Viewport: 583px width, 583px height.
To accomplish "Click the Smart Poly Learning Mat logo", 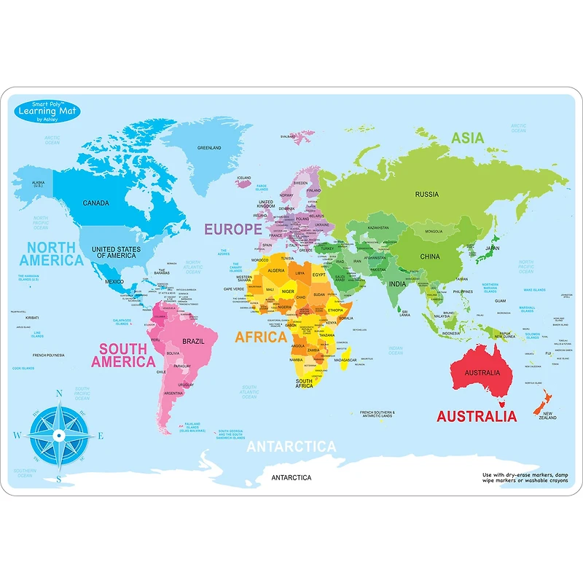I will pos(47,111).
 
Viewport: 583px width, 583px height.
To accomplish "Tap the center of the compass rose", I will pos(58,436).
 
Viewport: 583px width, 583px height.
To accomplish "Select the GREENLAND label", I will pos(209,148).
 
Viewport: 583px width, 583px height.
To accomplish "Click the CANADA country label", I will pos(96,203).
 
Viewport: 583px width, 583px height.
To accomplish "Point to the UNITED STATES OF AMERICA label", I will pos(116,252).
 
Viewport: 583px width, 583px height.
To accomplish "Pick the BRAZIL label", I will pos(192,341).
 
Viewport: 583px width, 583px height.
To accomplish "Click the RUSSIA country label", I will pos(426,194).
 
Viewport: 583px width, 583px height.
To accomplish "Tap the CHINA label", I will pos(430,257).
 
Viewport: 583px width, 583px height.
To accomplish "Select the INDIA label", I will pos(397,284).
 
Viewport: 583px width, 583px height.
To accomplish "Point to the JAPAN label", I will pos(493,248).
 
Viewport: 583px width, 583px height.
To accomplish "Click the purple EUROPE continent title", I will pos(232,229).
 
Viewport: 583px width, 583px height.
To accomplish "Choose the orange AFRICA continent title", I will pos(260,337).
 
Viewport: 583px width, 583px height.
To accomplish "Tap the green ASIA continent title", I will pos(468,137).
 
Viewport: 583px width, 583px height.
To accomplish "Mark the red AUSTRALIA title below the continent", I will pos(477,417).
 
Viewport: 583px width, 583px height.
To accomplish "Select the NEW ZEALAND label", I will pos(548,416).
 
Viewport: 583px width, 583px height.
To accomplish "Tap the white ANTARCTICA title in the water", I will pos(291,447).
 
